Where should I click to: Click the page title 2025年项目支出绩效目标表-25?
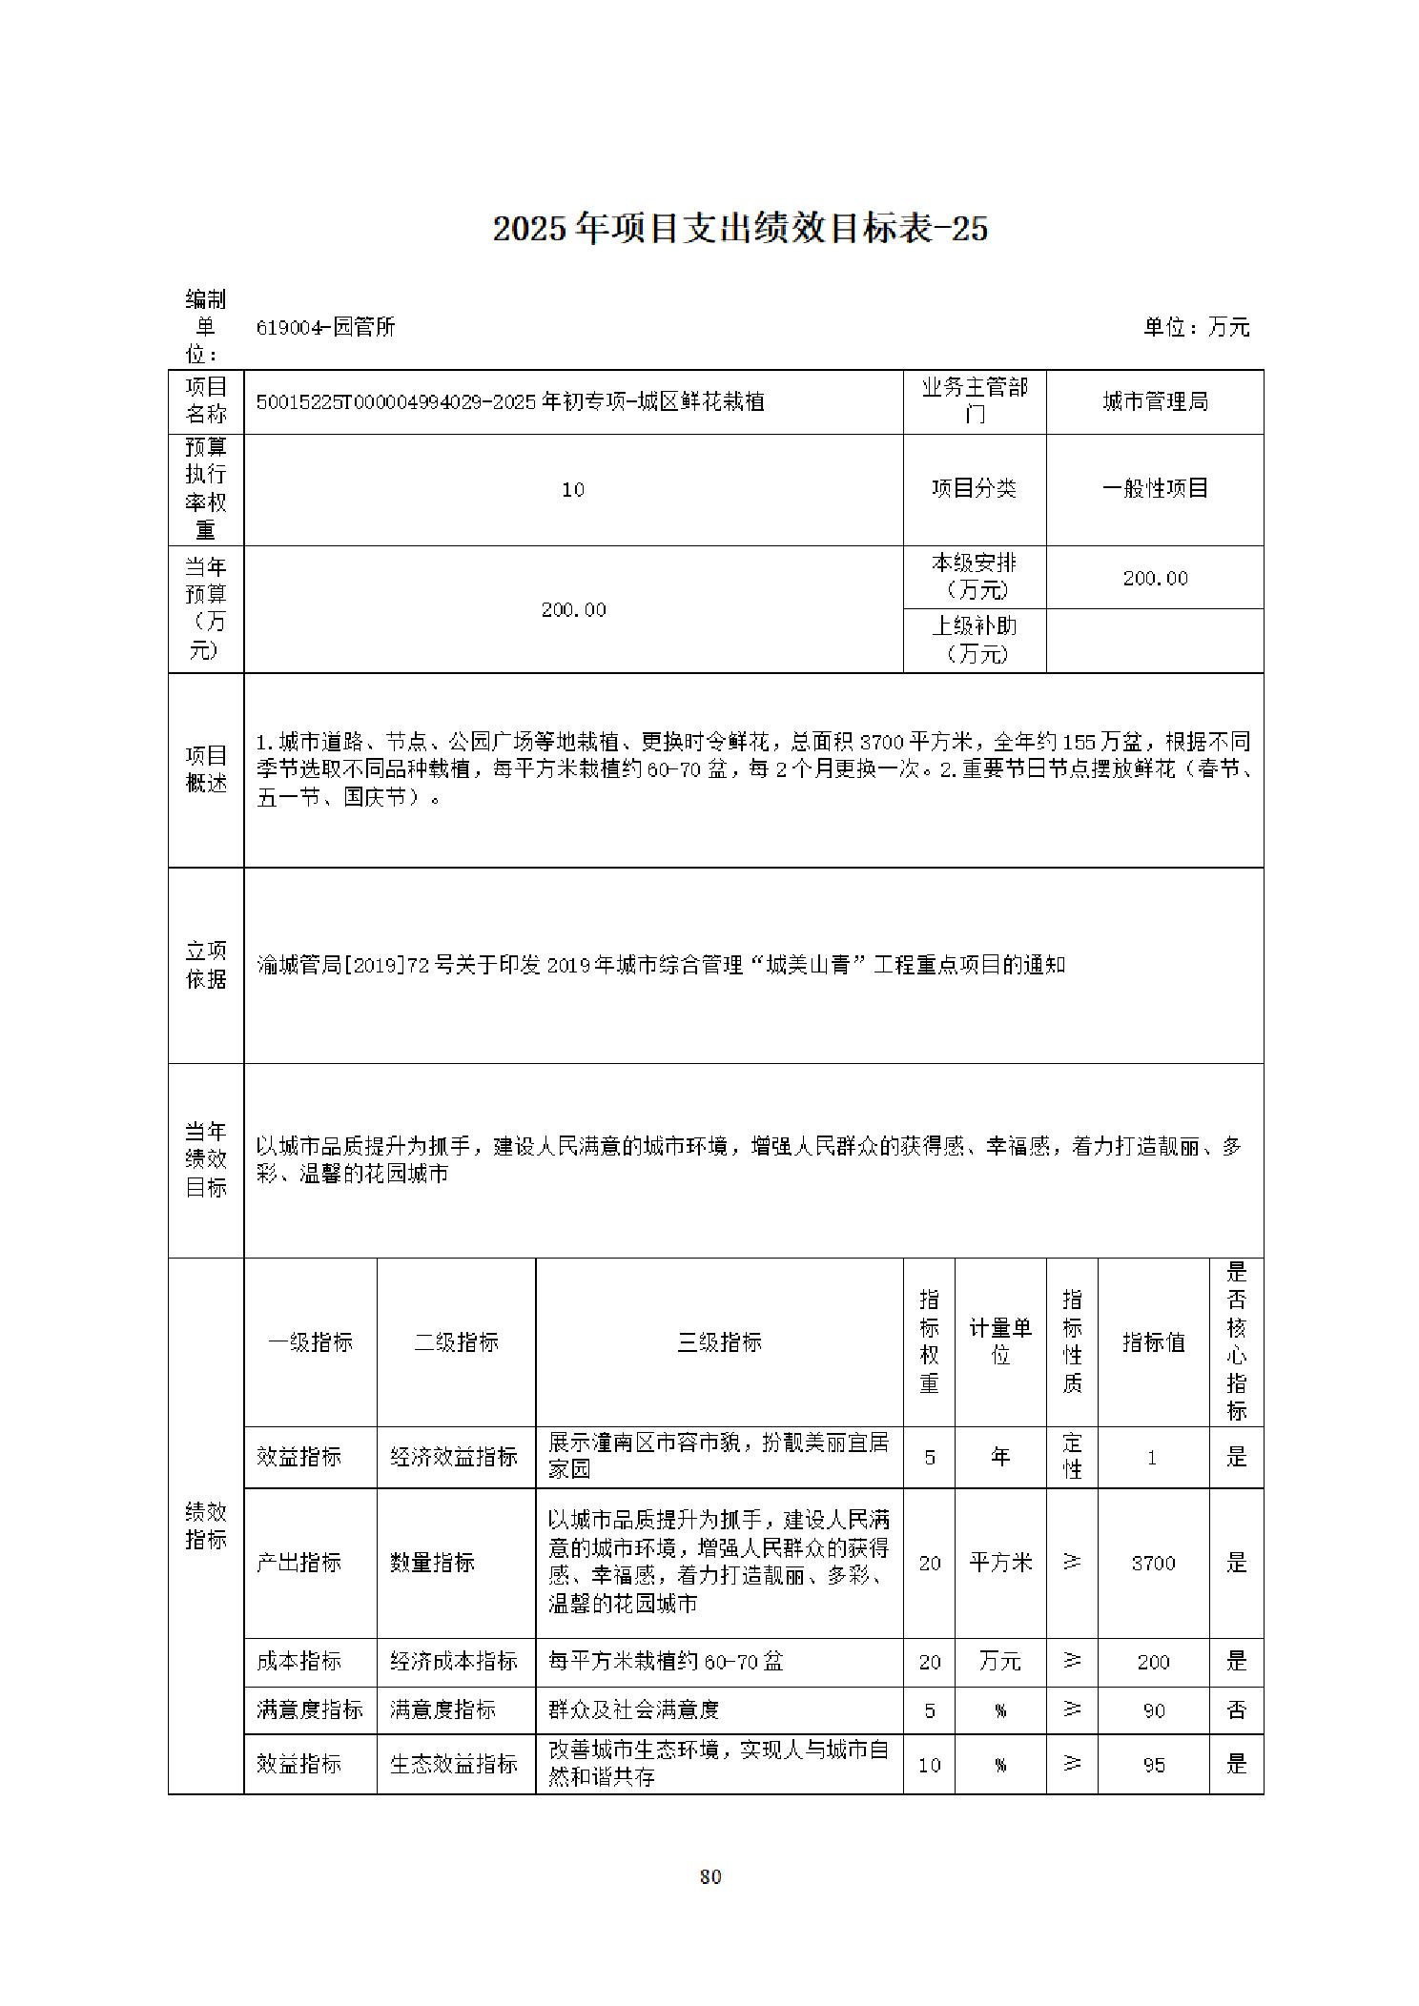pos(740,229)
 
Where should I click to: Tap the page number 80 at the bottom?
pos(709,1876)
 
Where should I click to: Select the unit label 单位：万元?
pos(1196,327)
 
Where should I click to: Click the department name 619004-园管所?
pos(325,327)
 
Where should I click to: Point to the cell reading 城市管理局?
pos(1155,401)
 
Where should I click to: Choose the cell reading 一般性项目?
pos(1155,488)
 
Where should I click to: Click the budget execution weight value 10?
pos(573,489)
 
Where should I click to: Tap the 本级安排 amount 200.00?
pos(1155,578)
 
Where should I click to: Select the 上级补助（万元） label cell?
pos(975,640)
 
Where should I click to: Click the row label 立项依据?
pos(206,965)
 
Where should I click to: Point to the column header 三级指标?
pos(719,1342)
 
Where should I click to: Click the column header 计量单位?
pos(1000,1341)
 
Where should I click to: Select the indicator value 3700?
pos(1153,1563)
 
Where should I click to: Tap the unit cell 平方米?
pos(1000,1563)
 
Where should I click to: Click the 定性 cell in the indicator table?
pos(1072,1456)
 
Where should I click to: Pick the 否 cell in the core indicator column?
pos(1236,1709)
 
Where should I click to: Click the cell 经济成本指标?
pos(454,1661)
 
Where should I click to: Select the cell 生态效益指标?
pos(454,1764)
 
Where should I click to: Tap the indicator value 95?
pos(1153,1765)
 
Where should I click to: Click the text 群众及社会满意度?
pos(633,1709)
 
